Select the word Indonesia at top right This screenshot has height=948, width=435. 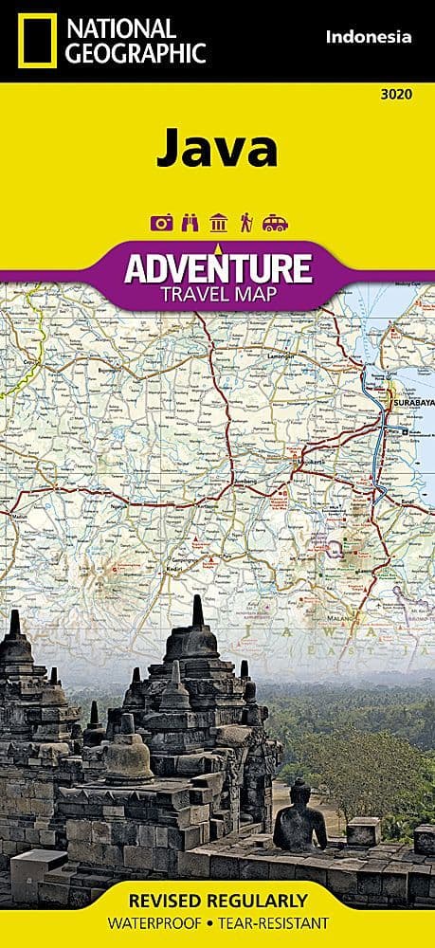coord(369,38)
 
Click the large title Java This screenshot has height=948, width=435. coord(217,149)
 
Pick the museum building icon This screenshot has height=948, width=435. coord(218,224)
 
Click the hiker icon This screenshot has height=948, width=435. coord(246,224)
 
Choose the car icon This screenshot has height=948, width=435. coord(276,224)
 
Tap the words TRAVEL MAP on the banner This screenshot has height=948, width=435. coord(217,294)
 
